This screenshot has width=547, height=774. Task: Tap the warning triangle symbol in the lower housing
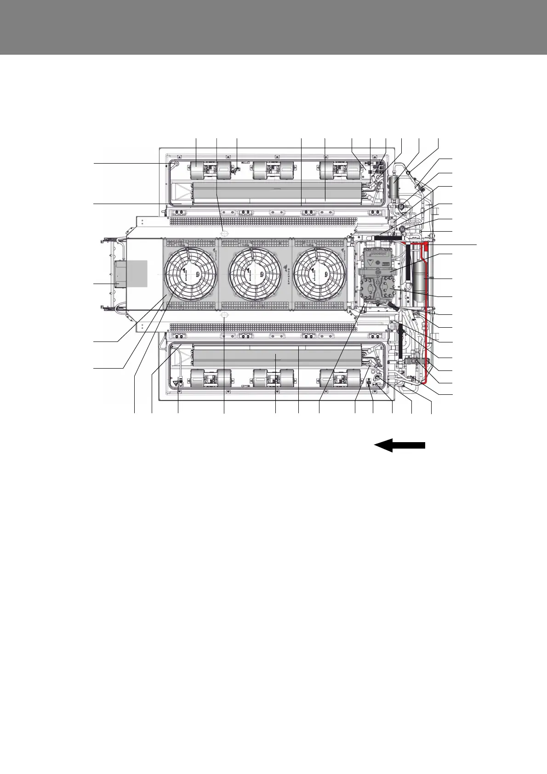pyautogui.click(x=176, y=382)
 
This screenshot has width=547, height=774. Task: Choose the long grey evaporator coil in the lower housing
pyautogui.click(x=276, y=357)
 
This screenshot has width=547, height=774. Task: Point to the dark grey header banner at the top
pyautogui.click(x=273, y=27)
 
